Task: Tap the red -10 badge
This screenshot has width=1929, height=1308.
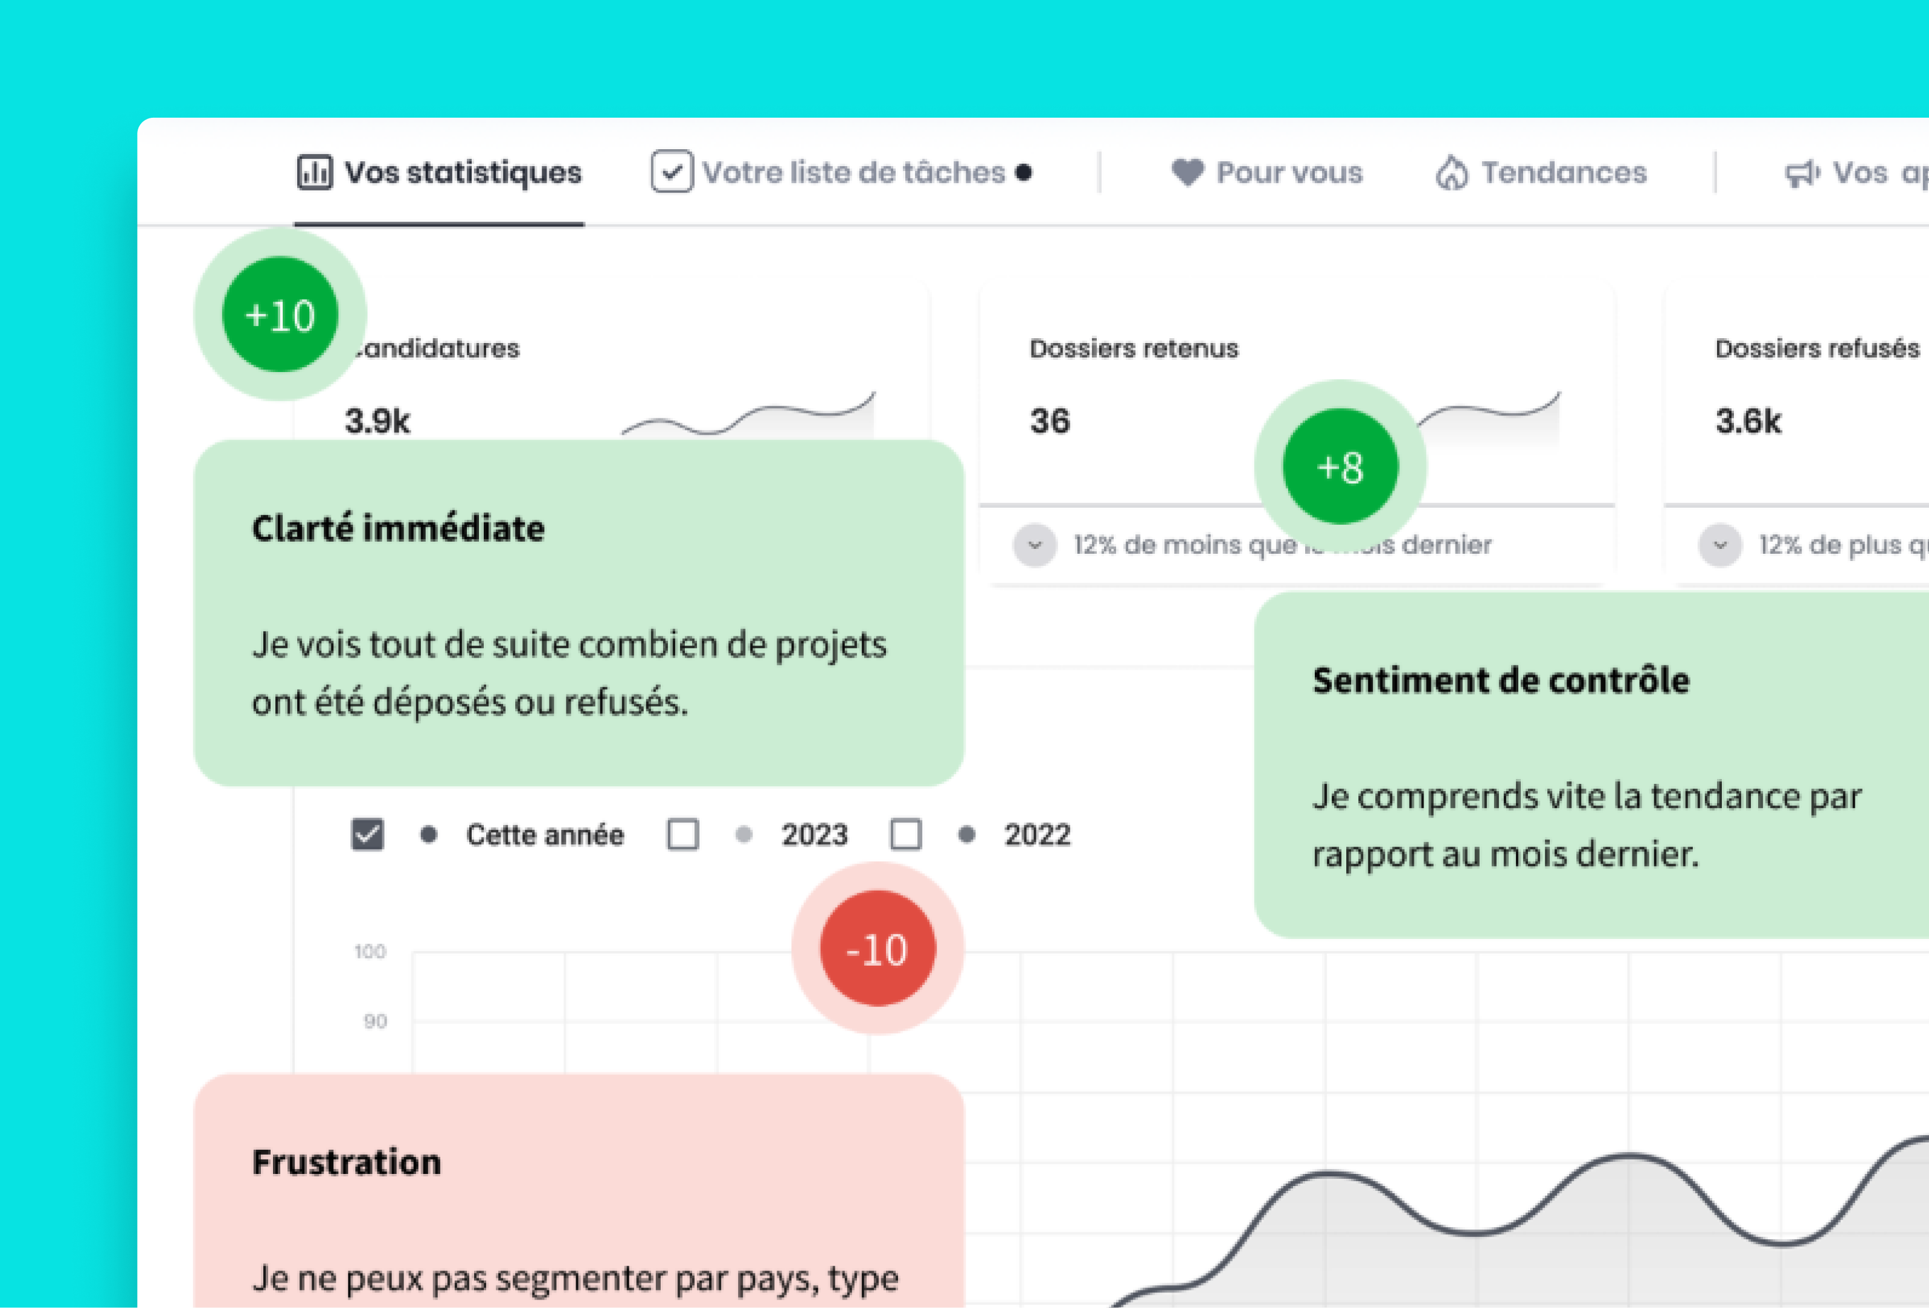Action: click(878, 949)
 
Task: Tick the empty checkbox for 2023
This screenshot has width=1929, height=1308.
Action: click(682, 834)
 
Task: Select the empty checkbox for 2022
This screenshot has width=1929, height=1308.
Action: click(905, 834)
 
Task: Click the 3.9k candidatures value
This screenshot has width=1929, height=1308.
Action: click(377, 422)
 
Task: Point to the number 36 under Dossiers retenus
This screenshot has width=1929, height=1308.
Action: click(1050, 422)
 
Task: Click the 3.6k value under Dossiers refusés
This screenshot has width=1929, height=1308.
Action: click(1748, 422)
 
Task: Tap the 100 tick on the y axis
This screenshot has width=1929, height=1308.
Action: click(370, 952)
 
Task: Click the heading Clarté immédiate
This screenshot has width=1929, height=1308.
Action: click(399, 528)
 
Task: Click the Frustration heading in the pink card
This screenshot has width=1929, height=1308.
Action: click(346, 1162)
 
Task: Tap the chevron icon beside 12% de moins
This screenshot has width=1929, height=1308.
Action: click(1034, 545)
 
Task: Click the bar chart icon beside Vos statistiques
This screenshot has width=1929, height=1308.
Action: click(315, 173)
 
